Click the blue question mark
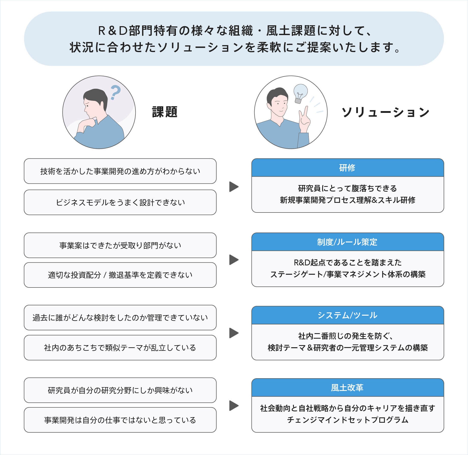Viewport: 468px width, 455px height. tap(115, 92)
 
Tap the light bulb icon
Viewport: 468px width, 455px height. tap(300, 93)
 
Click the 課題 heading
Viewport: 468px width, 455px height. tap(164, 112)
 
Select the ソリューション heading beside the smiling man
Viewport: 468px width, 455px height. tap(385, 112)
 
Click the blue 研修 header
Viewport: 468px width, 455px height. tap(348, 168)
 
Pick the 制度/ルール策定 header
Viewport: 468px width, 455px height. tap(348, 242)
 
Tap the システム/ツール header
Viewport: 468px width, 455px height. tap(348, 315)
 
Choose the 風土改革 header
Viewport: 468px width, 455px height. tap(348, 388)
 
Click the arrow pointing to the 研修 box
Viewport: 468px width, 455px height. tap(234, 187)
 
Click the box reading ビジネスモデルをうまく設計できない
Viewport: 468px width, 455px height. tap(120, 202)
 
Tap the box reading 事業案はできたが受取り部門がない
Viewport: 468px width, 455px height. tap(120, 245)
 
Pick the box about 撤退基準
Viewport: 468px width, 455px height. tap(120, 275)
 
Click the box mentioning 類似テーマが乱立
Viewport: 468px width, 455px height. tap(120, 347)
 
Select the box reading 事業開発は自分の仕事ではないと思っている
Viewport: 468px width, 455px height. tap(120, 420)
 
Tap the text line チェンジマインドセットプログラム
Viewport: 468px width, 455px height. tap(348, 420)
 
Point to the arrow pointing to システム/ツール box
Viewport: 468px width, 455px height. tap(234, 333)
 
